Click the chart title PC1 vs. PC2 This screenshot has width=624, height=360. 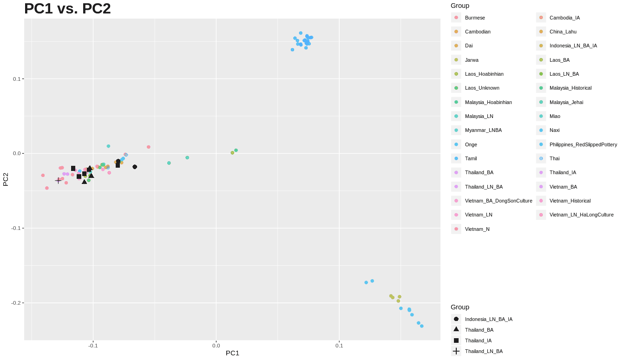tap(67, 9)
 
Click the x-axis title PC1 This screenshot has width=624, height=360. tap(232, 353)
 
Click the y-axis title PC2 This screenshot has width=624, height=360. tap(6, 179)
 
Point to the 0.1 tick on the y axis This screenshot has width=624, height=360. tap(17, 79)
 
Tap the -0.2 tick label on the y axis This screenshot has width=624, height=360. tap(16, 303)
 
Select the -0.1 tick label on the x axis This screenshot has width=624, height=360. tap(93, 345)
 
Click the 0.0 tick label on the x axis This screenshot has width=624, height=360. tap(216, 345)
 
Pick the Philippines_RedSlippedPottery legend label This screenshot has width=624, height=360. tap(583, 144)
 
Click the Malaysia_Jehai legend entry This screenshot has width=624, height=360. tap(566, 102)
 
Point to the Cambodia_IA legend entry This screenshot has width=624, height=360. tap(565, 18)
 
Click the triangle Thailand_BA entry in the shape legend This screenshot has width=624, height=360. tap(479, 330)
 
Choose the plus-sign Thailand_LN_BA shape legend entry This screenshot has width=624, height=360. tap(484, 351)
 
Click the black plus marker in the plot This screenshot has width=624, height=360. tap(58, 180)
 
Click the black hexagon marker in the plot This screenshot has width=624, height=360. tap(135, 167)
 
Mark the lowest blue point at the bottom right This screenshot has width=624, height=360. tap(421, 326)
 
